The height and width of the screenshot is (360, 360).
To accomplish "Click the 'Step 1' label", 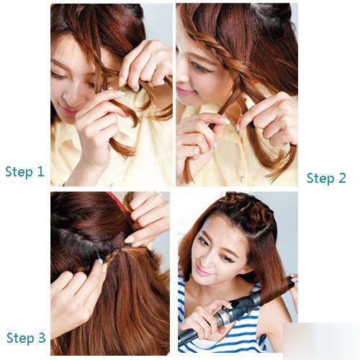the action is click(24, 172).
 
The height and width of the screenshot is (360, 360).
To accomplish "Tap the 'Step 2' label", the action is click(326, 179).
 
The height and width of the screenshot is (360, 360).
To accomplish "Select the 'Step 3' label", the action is click(26, 338).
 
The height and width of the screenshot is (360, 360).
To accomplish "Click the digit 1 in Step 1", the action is click(41, 171).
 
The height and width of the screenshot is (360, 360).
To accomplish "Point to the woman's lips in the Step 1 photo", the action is click(68, 111).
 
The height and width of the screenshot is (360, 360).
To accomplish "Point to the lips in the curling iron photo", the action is click(203, 271).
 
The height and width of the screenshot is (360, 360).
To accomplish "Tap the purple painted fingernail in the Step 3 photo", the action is click(99, 261).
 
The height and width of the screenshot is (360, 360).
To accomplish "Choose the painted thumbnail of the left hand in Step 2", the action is click(225, 120).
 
